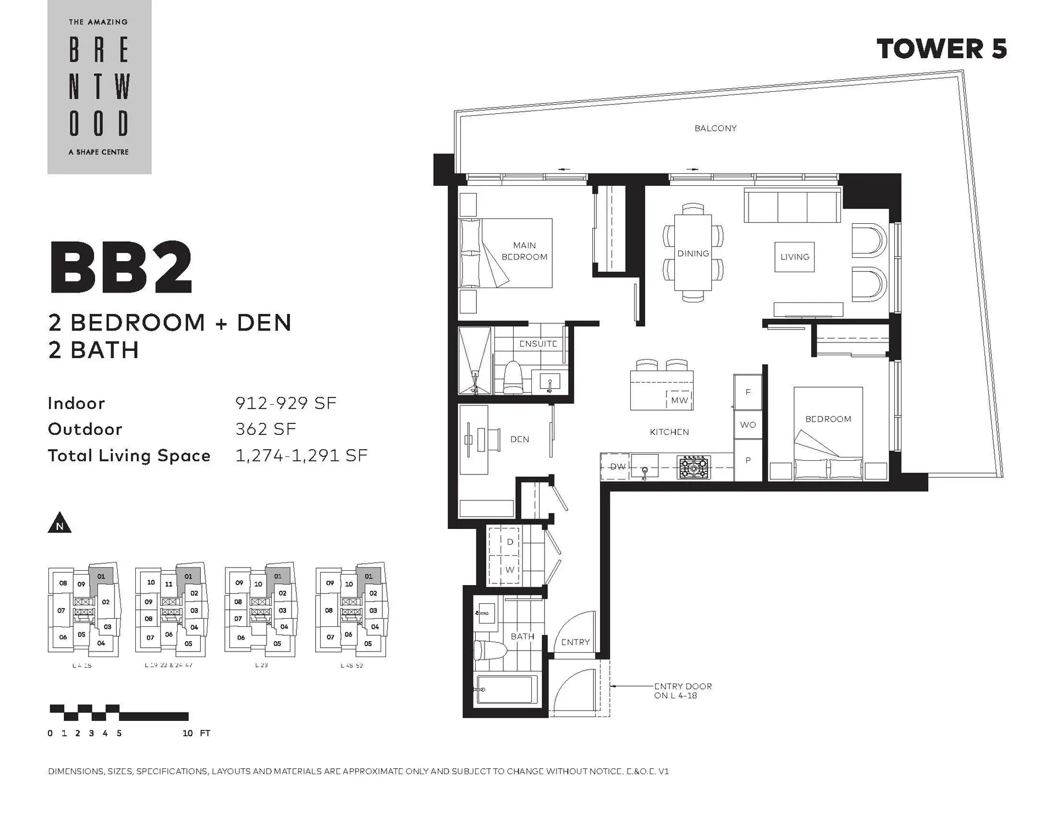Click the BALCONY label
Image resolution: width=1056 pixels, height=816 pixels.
click(715, 128)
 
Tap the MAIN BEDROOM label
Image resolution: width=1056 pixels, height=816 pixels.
click(524, 251)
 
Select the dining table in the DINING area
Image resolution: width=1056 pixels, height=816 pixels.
click(692, 253)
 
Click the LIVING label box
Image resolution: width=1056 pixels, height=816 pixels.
click(794, 257)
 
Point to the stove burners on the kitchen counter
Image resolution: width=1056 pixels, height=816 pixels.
click(694, 467)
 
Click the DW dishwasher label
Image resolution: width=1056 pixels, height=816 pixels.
click(617, 466)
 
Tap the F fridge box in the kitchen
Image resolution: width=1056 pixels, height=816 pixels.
click(747, 392)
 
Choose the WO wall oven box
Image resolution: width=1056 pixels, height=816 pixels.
click(747, 424)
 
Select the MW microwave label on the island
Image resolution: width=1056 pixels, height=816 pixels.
click(679, 400)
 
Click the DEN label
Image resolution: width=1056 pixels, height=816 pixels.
click(519, 439)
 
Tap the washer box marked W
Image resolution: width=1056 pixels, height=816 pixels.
click(509, 570)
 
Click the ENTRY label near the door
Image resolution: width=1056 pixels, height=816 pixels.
click(575, 642)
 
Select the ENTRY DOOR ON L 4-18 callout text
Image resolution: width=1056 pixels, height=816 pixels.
click(683, 691)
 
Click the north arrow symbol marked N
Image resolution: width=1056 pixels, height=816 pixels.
click(59, 523)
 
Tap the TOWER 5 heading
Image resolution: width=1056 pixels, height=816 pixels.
click(941, 49)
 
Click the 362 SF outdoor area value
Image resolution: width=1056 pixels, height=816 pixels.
click(266, 429)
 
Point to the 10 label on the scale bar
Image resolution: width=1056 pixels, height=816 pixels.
click(188, 733)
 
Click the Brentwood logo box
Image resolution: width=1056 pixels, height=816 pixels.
click(99, 87)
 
